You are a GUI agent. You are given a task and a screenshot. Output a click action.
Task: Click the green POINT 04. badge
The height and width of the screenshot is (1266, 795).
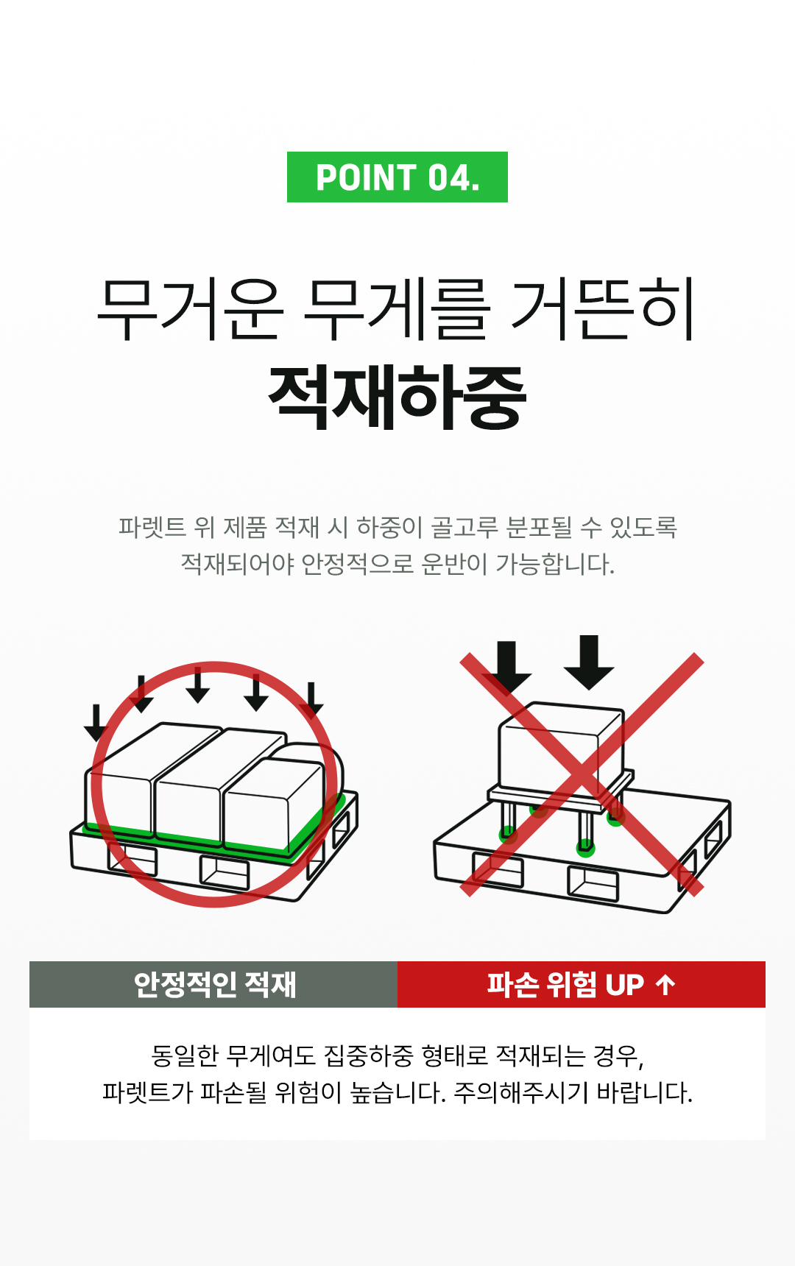397,177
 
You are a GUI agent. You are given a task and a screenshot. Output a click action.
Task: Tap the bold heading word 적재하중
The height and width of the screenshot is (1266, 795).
397,397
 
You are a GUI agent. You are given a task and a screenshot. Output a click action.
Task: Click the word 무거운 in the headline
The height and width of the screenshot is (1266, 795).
190,309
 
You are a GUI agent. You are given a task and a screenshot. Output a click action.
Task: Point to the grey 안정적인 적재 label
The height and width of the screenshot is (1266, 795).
213,985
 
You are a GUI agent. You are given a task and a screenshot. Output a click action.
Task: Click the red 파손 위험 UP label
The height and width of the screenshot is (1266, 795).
581,985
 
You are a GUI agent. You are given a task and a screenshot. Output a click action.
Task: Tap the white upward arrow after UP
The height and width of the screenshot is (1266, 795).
665,985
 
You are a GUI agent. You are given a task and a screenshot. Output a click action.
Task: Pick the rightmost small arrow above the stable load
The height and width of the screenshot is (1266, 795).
311,699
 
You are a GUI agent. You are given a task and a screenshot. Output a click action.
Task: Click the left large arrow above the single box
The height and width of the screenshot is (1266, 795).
506,667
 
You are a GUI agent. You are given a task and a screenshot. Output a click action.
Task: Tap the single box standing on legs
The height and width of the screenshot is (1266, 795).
561,747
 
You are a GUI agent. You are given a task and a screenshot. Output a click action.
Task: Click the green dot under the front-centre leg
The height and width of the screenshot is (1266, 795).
585,847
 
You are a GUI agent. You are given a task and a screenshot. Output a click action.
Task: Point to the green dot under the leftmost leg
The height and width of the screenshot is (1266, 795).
508,835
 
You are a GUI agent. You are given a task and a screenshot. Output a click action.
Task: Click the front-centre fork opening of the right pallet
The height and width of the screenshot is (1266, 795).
593,883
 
